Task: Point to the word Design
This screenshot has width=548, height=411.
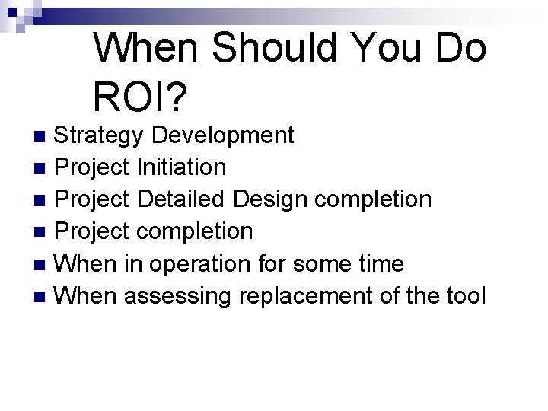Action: click(270, 199)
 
